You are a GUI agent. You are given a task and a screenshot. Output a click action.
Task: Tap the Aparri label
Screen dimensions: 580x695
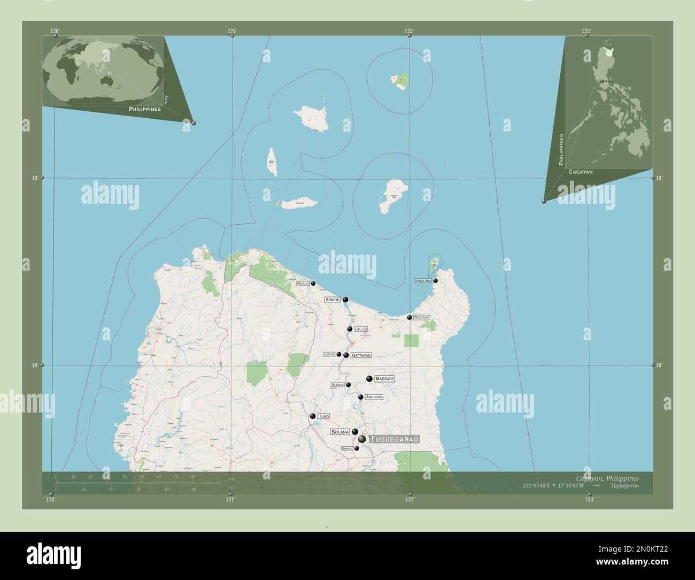tap(333, 300)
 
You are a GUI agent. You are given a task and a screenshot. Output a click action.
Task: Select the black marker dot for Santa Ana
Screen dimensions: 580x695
tap(436, 280)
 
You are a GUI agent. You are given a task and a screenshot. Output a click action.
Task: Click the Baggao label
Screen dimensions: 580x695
tap(385, 379)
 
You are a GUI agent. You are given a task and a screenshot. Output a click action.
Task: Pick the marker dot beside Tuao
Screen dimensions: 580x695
tap(313, 416)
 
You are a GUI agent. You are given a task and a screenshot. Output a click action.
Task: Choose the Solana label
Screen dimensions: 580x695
tap(340, 432)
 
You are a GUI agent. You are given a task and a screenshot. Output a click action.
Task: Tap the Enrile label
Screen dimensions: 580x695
tap(347, 448)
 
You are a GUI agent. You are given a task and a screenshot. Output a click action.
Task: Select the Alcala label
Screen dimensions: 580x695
tap(337, 385)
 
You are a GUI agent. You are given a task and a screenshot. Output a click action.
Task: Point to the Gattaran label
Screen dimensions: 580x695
tap(361, 355)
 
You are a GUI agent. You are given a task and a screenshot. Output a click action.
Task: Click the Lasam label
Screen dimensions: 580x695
tap(328, 354)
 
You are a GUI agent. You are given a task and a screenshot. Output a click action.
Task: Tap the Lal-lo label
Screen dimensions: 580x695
tap(361, 330)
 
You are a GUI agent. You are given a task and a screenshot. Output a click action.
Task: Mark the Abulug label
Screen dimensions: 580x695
tap(303, 284)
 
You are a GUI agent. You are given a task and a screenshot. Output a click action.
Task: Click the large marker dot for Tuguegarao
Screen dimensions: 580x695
tap(362, 439)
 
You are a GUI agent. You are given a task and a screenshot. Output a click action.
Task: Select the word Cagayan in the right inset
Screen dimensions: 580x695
tap(581, 172)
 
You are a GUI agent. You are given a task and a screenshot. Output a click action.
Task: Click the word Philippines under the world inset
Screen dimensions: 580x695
tap(145, 109)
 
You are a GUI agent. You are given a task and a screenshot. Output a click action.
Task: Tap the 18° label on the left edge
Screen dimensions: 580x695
tap(35, 365)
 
